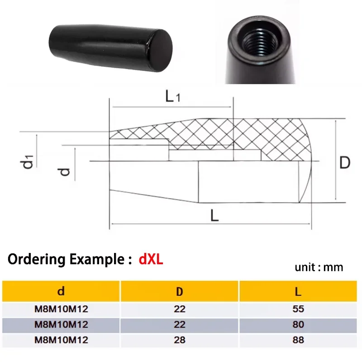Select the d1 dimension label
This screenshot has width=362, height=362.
tap(29, 162)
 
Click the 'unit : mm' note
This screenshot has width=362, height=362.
tap(319, 267)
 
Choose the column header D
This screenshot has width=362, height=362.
tap(180, 291)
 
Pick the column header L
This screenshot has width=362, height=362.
tap(298, 291)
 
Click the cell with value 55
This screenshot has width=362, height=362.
tap(298, 310)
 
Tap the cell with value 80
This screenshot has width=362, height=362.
tap(298, 324)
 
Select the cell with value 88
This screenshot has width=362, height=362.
tap(298, 340)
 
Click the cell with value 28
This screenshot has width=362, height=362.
tap(180, 340)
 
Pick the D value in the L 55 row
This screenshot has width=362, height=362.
tap(180, 310)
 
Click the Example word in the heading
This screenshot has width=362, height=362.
tap(95, 261)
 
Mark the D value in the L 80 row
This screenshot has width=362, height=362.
tap(180, 324)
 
